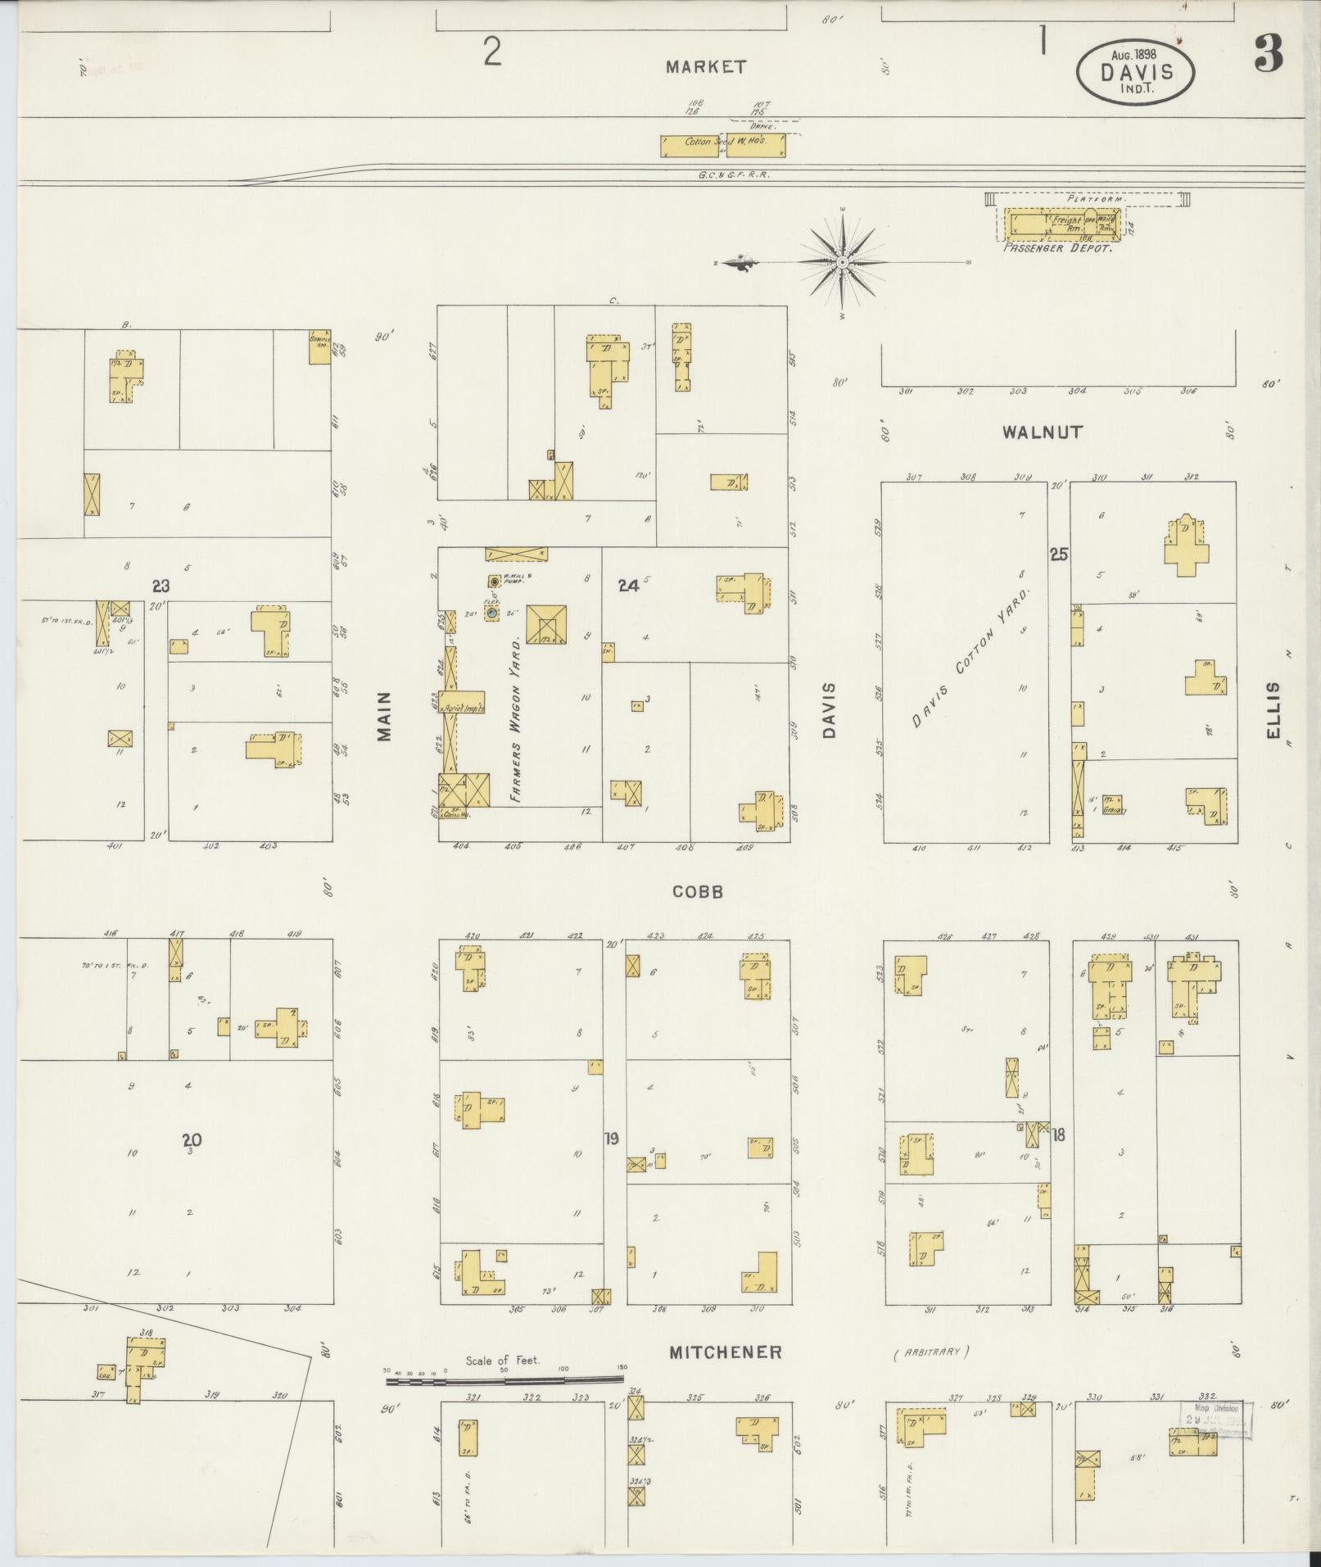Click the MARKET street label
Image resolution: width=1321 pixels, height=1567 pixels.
click(706, 67)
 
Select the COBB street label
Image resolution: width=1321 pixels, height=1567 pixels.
click(698, 892)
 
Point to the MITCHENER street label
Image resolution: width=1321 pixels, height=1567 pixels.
click(726, 1352)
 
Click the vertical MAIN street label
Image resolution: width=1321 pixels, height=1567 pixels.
click(385, 718)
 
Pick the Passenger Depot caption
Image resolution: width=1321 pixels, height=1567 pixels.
click(1057, 247)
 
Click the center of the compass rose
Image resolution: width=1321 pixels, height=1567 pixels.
click(842, 262)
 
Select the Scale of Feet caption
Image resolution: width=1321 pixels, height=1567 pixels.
click(502, 1361)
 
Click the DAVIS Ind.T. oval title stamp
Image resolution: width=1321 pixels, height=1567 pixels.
click(1135, 73)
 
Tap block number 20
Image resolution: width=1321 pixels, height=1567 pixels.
click(192, 1139)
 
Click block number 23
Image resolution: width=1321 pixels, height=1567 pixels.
click(161, 586)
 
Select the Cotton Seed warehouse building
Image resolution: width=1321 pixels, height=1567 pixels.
click(722, 145)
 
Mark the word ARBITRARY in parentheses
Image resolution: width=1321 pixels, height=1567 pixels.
click(931, 1352)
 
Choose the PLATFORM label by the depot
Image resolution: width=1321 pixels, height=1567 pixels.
click(1097, 199)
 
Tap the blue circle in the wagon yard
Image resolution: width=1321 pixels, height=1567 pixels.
click(491, 612)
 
